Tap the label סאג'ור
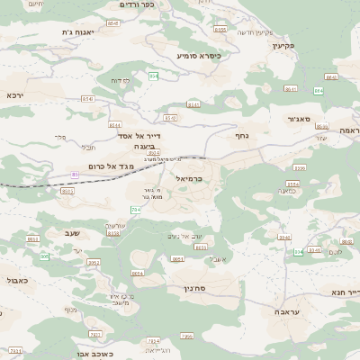coord(301,118)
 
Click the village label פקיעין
coord(308,45)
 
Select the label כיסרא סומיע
coord(198,56)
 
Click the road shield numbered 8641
coord(331,77)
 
